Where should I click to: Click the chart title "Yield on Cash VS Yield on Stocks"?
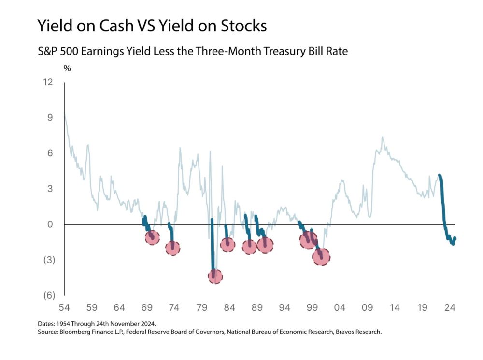pos(152,26)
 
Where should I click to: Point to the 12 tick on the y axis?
pos(47,82)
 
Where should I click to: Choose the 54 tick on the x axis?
pos(64,307)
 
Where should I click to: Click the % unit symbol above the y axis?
pos(67,69)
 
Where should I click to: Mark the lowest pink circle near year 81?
pos(215,276)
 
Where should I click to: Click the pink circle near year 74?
pos(172,248)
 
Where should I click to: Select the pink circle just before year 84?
pos(227,244)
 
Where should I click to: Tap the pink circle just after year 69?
pos(152,237)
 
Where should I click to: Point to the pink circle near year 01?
pos(321,257)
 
